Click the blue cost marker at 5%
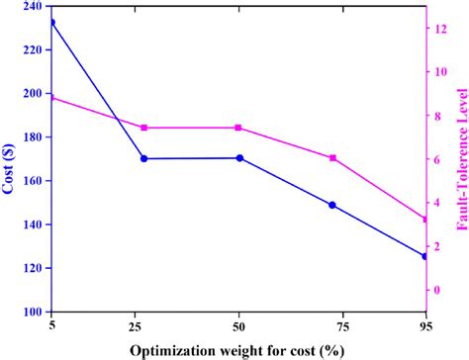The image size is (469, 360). (x=52, y=22)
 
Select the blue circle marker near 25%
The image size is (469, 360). (x=144, y=158)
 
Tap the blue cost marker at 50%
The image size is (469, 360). (x=239, y=158)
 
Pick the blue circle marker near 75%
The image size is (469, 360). (x=332, y=205)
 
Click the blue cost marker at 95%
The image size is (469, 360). (x=425, y=256)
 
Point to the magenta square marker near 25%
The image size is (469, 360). (x=144, y=128)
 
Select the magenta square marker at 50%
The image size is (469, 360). (x=239, y=128)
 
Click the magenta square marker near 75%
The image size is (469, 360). (x=332, y=158)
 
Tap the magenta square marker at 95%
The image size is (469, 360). (x=425, y=219)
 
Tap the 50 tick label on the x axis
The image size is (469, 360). (x=239, y=325)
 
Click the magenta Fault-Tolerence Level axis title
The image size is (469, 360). (x=461, y=159)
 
